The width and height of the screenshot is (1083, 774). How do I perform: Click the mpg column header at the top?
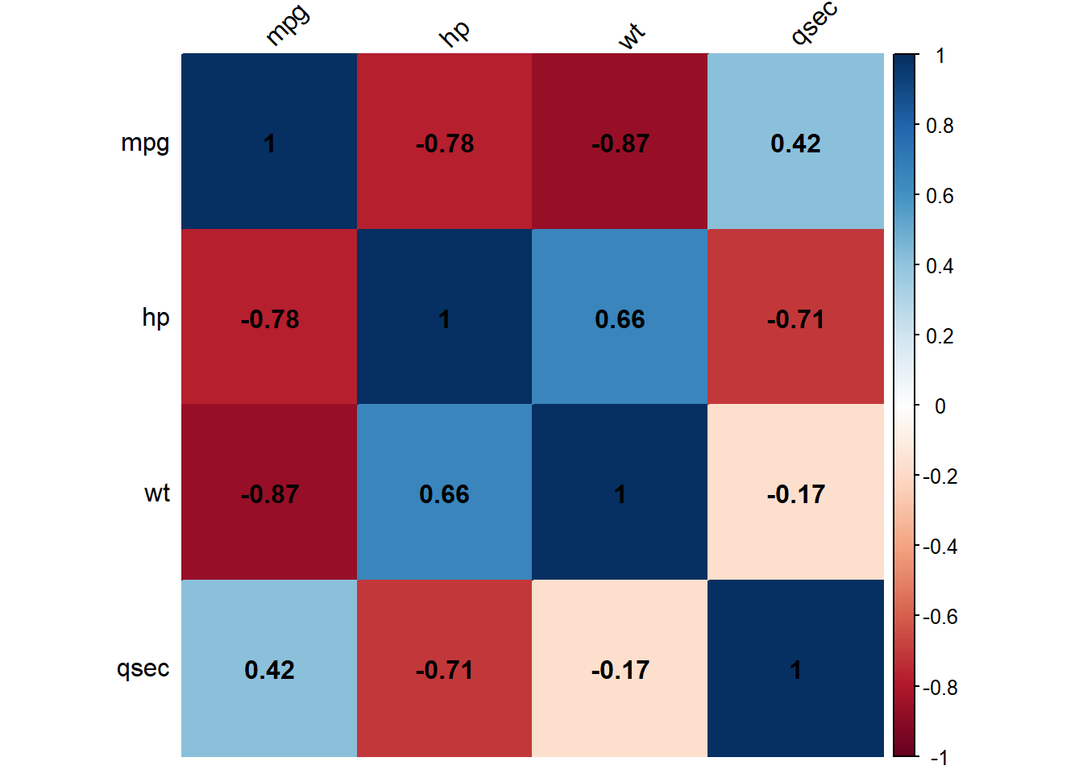[x=288, y=26]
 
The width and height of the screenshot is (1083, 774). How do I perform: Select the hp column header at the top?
[x=454, y=33]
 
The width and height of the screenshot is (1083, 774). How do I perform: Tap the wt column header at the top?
[x=632, y=35]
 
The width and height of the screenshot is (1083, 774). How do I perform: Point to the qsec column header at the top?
[x=814, y=23]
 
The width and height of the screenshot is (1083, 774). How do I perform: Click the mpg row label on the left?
[x=145, y=143]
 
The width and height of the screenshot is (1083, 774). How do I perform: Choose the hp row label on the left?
[x=156, y=318]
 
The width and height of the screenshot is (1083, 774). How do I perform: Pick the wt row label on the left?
[x=157, y=493]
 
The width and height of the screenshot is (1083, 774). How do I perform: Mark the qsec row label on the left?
[x=143, y=668]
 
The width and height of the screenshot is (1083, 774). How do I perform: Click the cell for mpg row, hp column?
[x=445, y=143]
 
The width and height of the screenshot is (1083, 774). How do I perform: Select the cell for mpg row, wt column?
[x=620, y=143]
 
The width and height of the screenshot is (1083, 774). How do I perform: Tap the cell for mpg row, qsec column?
[x=795, y=143]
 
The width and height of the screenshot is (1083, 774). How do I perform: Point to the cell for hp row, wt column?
[x=620, y=318]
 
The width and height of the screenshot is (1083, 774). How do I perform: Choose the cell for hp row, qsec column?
[x=795, y=318]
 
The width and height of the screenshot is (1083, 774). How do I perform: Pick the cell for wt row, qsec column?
[x=795, y=493]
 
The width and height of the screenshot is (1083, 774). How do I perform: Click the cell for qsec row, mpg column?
[x=269, y=669]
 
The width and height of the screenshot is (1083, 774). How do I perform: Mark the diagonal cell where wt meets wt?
[x=620, y=493]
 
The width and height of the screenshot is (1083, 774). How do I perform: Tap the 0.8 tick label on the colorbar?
[x=940, y=126]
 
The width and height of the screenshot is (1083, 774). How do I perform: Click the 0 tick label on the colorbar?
[x=940, y=406]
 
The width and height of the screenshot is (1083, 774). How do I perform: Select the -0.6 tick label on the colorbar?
[x=940, y=617]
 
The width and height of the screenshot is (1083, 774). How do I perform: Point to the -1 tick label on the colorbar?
[x=939, y=757]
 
